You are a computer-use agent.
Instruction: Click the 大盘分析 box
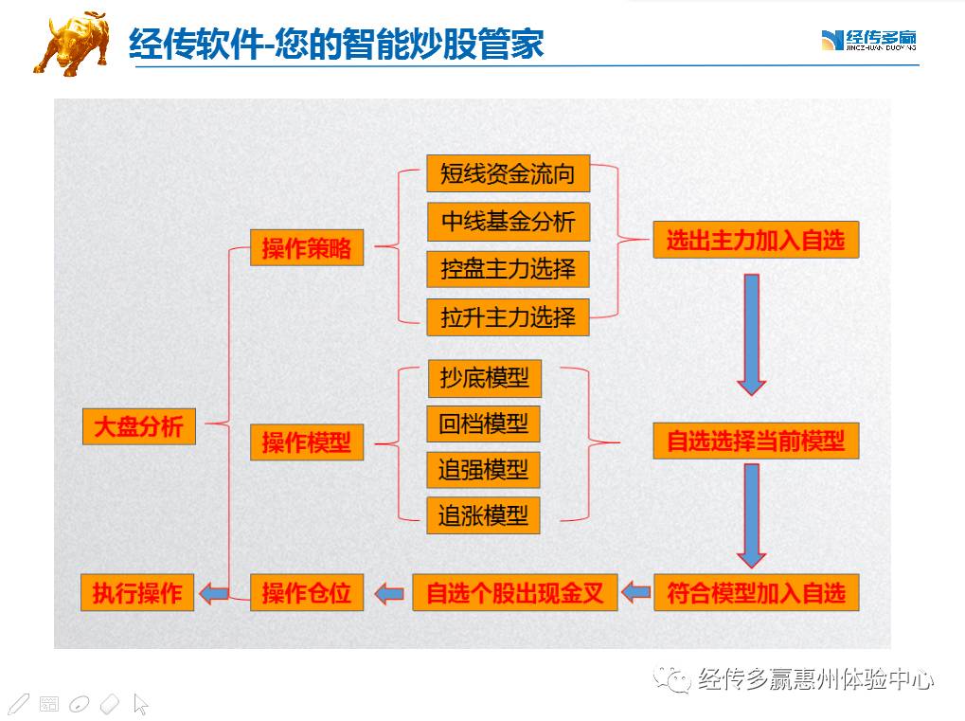138,426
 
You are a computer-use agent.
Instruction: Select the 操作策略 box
306,248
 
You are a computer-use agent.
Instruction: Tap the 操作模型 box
306,442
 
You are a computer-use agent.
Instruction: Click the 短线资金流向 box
508,174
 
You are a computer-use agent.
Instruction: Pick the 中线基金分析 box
508,222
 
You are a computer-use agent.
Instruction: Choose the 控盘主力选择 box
508,269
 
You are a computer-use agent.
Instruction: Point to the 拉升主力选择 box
508,316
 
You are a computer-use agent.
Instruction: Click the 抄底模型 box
484,378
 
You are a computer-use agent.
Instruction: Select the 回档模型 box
483,424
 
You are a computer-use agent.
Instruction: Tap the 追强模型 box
483,470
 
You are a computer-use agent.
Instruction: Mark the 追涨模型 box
483,516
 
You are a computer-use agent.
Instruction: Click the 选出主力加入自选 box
755,240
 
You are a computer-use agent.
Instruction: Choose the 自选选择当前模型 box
756,442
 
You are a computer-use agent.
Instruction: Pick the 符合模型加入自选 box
756,593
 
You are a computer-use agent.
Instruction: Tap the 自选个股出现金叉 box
514,593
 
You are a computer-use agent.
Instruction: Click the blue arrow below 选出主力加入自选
752,333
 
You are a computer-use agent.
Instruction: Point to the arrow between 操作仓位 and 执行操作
215,593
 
